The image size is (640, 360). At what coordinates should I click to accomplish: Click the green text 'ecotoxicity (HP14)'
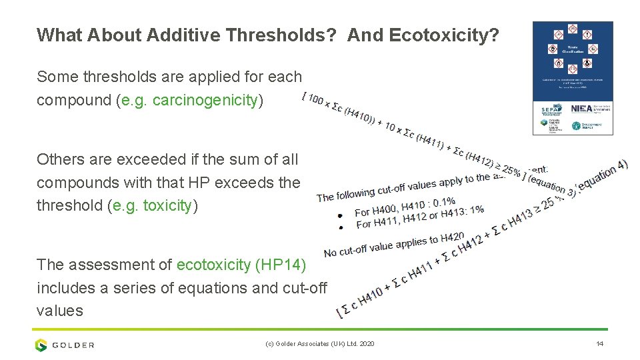(x=241, y=265)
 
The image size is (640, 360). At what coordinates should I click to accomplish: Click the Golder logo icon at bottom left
(x=42, y=345)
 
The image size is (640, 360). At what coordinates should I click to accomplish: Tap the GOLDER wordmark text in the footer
(x=74, y=345)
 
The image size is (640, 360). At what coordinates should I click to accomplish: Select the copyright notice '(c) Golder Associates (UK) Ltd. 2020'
(x=319, y=344)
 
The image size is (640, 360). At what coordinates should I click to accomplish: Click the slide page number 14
(x=599, y=344)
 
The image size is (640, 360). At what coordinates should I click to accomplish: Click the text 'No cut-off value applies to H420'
(x=393, y=245)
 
